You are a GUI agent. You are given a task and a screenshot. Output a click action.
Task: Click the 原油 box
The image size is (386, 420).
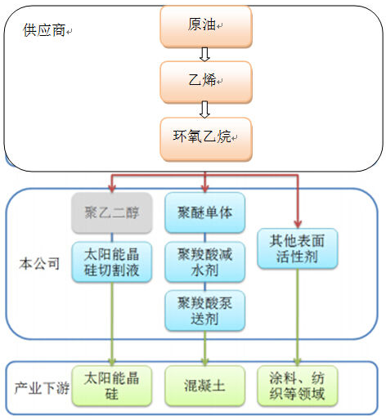[206, 27]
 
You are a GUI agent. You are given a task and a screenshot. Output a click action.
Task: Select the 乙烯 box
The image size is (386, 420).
[206, 82]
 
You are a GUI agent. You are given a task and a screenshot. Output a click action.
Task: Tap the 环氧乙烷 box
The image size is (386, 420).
[206, 139]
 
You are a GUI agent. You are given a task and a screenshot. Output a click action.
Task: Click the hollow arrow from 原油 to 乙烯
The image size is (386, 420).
[204, 55]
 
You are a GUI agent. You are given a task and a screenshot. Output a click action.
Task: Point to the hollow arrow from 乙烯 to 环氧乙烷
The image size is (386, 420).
[204, 109]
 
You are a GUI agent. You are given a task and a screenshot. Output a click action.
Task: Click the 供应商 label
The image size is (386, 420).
[44, 30]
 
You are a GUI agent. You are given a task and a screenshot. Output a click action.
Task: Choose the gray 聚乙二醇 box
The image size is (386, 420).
[112, 212]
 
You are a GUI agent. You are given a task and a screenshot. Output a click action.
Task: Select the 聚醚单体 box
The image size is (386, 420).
[205, 212]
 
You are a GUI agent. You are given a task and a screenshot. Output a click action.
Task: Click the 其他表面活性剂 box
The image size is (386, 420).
[298, 248]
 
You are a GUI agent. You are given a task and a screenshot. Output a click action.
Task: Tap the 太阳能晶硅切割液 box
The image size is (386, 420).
[112, 261]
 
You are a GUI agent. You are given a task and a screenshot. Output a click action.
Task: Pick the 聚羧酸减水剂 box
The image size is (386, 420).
[205, 261]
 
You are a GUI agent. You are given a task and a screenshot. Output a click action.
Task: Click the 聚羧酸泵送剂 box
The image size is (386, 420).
[205, 311]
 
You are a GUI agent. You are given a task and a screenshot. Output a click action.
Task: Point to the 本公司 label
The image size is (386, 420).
[39, 264]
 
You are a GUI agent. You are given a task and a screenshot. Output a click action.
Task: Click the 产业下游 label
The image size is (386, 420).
[42, 388]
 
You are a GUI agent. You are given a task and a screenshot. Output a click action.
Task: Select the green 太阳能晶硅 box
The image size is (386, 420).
[112, 386]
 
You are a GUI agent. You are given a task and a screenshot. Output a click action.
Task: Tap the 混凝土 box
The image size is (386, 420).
[205, 386]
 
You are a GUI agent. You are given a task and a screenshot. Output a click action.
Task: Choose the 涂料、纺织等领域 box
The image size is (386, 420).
[298, 386]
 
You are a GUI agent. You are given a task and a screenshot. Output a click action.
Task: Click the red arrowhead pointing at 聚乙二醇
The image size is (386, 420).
[112, 189]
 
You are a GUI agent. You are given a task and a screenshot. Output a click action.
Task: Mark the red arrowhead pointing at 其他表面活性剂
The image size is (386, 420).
[298, 224]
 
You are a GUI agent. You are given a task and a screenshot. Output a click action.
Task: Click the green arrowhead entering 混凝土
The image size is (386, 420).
[205, 362]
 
